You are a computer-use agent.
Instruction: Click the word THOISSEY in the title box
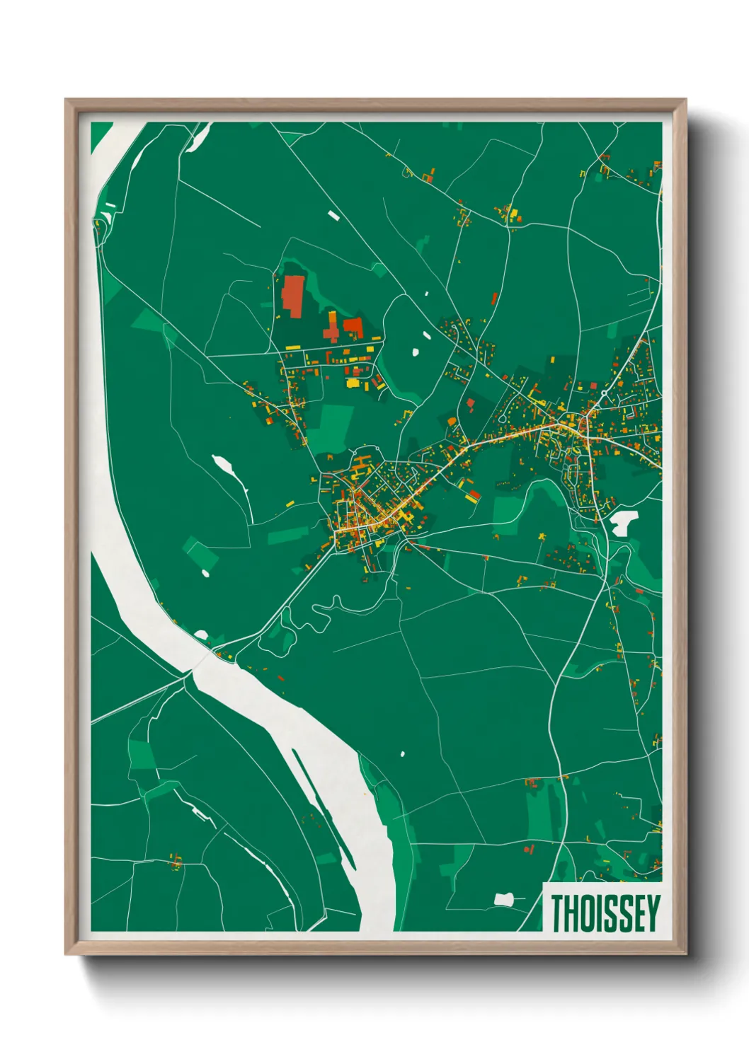(x=605, y=913)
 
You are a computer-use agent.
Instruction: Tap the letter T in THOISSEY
(x=558, y=913)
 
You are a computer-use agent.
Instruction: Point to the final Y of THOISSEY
(x=653, y=913)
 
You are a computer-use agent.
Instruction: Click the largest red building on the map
(x=292, y=296)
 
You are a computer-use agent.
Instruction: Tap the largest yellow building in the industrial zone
(x=353, y=383)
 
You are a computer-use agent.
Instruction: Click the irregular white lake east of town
(x=622, y=522)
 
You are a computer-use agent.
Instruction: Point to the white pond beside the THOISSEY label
(x=503, y=900)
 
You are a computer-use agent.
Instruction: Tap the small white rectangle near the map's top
(x=333, y=214)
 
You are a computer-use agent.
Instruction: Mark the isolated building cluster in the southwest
(x=175, y=862)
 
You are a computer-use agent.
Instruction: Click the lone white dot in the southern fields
(x=403, y=754)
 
